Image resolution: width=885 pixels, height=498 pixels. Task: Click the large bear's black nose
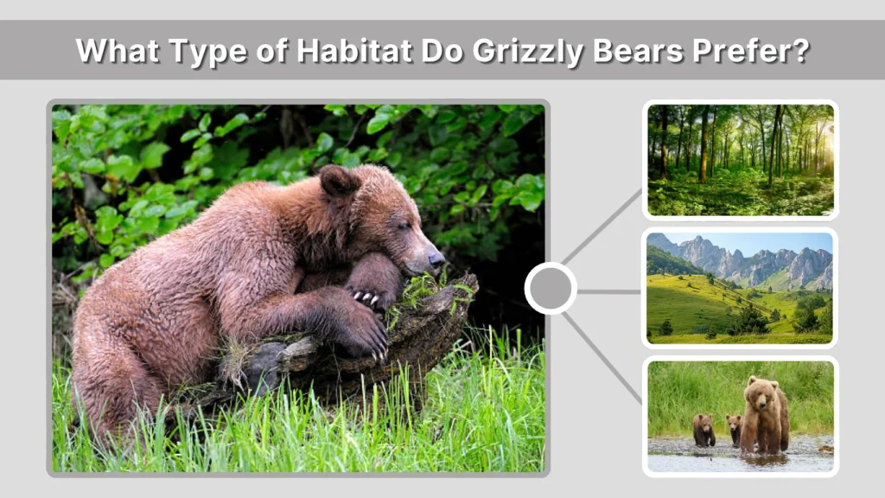(x=436, y=259)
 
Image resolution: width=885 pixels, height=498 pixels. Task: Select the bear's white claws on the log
(x=366, y=298)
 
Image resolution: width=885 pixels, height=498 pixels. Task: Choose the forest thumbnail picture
(x=740, y=160)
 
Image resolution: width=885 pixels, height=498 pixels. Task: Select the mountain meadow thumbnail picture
(x=740, y=287)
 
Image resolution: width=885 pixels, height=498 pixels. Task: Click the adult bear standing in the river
(x=765, y=415)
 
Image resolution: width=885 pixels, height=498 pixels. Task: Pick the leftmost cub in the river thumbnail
(x=704, y=430)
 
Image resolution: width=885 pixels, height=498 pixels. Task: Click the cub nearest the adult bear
(x=734, y=428)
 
